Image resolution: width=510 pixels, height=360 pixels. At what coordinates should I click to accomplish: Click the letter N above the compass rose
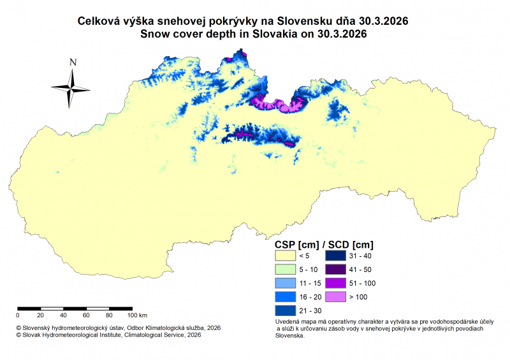[x=73, y=62]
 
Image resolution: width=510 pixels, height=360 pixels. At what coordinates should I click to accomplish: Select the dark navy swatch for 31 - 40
[x=336, y=255]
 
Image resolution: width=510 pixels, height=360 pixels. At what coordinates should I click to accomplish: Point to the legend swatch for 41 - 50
[x=336, y=269]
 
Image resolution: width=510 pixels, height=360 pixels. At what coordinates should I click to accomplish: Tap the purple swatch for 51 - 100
[x=336, y=283]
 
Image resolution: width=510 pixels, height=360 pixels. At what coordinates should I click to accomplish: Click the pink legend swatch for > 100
[x=336, y=297]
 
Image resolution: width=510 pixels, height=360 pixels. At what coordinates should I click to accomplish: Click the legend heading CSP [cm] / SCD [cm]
[x=323, y=244]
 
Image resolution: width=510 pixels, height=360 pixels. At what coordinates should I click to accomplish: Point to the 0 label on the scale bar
[x=18, y=315]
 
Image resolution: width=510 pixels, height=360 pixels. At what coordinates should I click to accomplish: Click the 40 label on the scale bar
[x=63, y=315]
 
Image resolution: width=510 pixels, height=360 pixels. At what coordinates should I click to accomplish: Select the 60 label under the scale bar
[x=86, y=315]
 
